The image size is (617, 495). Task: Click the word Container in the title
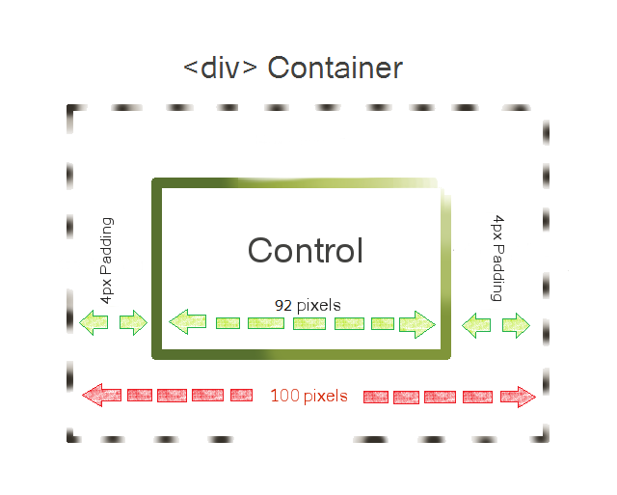[335, 68]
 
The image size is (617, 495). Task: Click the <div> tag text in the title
[221, 68]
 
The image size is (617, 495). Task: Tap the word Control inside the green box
[306, 251]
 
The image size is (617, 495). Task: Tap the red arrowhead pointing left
[101, 395]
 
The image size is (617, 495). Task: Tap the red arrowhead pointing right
[519, 397]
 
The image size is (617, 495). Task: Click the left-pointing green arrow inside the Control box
[187, 321]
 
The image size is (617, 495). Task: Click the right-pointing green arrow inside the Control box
[417, 324]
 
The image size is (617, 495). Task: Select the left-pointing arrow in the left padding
[94, 322]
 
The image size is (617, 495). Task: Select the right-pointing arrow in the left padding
[133, 322]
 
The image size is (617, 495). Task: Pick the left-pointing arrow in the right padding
[476, 325]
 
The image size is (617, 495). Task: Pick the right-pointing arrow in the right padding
[517, 325]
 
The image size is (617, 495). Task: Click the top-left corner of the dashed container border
[69, 107]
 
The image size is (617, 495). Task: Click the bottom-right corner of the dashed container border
[547, 440]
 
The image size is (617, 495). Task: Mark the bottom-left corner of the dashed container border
[69, 439]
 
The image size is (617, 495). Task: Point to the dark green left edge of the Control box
[156, 268]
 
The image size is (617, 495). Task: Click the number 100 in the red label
[285, 396]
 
